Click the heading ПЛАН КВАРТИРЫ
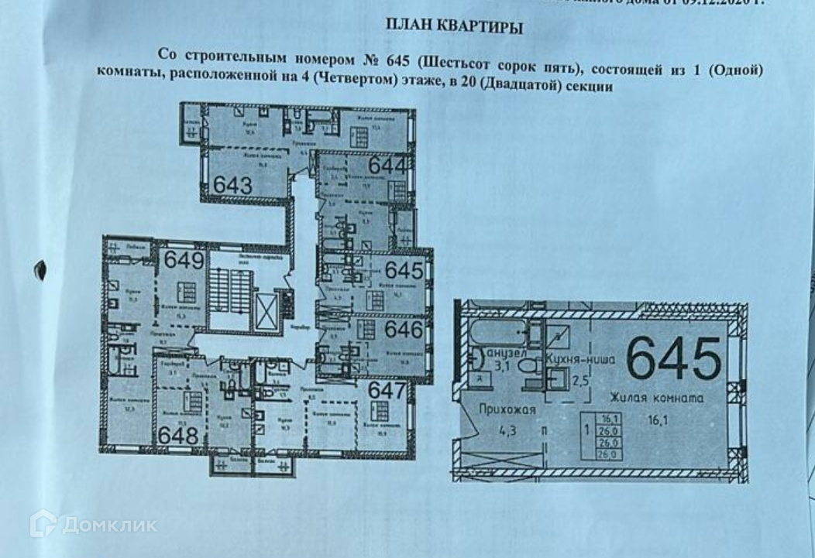coord(455,29)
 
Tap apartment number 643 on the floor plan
coord(233,185)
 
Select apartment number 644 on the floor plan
coord(387,166)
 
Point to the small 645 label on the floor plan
coord(403,270)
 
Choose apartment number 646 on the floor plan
coord(403,330)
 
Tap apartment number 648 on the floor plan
coord(179,436)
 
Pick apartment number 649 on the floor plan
coord(184,260)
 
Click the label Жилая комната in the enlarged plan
coord(655,399)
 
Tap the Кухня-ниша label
coord(581,359)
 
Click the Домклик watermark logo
coord(94,525)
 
